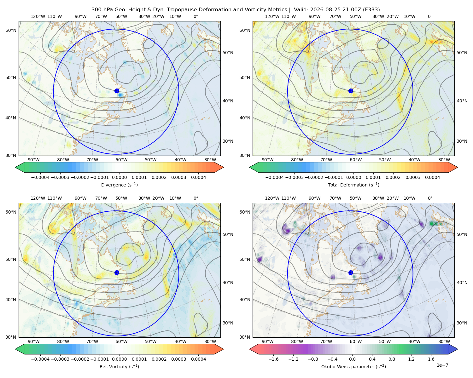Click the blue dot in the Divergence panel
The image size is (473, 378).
pos(117,91)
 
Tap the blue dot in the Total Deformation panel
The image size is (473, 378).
pos(351,91)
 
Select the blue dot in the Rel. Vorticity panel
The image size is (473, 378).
pos(117,272)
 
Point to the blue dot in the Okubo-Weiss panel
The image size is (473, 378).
pos(351,272)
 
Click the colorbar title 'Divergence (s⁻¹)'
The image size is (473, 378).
pos(119,185)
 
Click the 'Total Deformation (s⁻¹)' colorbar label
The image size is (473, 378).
pos(353,185)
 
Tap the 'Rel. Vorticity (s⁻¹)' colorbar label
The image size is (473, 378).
pos(119,366)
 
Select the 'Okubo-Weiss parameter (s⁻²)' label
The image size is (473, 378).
pos(353,366)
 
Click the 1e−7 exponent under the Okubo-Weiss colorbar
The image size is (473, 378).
pos(442,365)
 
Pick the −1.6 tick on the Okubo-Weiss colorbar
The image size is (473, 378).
pos(273,359)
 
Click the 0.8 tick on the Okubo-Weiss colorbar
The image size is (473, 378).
pos(392,359)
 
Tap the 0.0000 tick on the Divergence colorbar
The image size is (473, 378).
pos(119,177)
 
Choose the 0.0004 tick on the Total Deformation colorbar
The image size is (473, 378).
pos(432,177)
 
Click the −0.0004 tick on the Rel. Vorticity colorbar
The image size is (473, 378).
pos(40,359)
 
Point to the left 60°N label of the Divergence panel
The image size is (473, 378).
pos(11,30)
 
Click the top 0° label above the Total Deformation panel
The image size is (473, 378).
pos(430,16)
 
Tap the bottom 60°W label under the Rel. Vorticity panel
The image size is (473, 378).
pos(121,341)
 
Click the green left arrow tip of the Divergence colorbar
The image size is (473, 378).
pos(15,167)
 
